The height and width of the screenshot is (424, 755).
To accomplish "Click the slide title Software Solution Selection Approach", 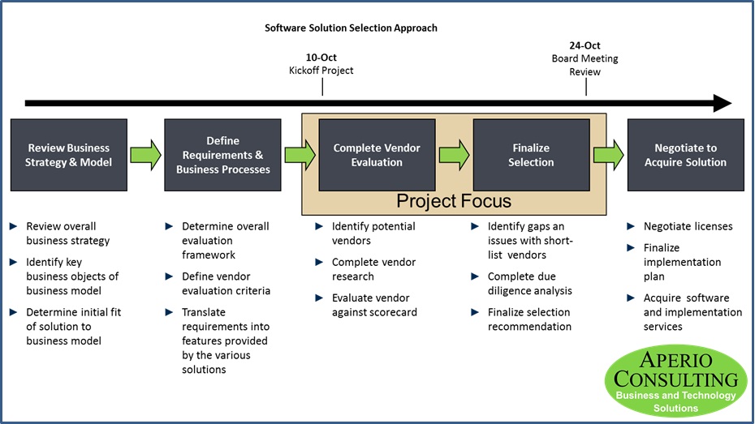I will pos(351,28).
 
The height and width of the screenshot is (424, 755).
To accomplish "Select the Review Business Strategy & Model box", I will pos(69,155).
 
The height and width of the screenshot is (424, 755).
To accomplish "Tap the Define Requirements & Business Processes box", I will pos(222,155).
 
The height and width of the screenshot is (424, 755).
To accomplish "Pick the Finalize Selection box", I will pos(532,155).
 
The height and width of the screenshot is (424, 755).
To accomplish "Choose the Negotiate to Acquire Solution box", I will pos(686,155).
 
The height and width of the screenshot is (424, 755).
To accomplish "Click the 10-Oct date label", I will pos(321,58).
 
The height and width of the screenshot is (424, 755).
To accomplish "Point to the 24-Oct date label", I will pos(585,46).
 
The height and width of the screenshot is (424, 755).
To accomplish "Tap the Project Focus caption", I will pos(454,201).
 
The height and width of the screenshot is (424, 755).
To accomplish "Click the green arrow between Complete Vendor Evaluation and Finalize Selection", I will pos(454,155).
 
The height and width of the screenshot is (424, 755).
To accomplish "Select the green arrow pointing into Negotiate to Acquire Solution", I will pos(608,155).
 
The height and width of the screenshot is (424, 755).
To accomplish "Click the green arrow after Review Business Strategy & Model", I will pos(145,155).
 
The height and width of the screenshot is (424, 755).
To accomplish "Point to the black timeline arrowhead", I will pos(722,103).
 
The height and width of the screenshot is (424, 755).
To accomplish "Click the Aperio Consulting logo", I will pos(675,381).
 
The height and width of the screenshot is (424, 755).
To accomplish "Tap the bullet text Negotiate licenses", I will pos(688,226).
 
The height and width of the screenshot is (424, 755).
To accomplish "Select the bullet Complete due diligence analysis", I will pos(529,284).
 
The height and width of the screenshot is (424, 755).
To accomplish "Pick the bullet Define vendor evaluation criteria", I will pos(226,284).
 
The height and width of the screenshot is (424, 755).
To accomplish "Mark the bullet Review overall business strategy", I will pos(67,233).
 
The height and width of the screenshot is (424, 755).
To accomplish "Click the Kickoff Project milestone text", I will pos(321,71).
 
